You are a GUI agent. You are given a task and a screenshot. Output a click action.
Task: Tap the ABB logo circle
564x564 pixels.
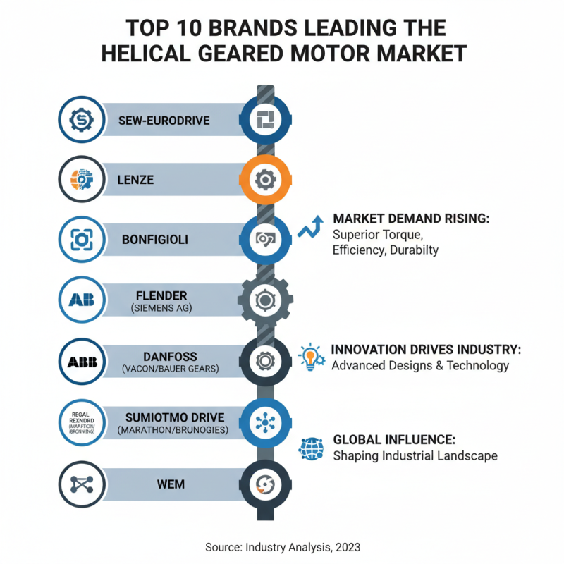82,362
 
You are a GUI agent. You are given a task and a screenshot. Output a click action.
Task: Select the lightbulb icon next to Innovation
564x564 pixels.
311,357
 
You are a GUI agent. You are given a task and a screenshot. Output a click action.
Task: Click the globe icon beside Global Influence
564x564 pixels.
311,448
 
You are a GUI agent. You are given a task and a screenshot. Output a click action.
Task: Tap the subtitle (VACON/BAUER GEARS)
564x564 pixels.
166,369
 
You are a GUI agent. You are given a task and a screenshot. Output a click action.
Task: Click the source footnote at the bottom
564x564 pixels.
282,547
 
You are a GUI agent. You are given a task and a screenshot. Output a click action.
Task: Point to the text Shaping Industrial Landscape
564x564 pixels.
415,455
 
